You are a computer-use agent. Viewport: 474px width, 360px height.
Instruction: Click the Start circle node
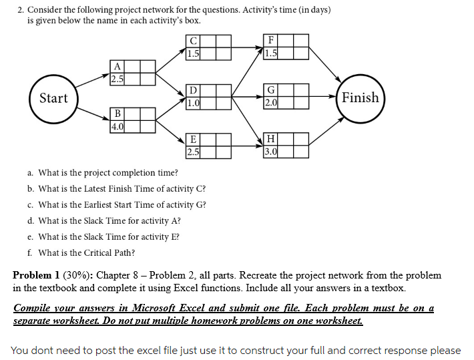pyautogui.click(x=53, y=98)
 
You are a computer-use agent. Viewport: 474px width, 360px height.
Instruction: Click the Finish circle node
pyautogui.click(x=361, y=98)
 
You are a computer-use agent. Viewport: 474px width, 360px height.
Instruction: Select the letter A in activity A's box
pyautogui.click(x=117, y=66)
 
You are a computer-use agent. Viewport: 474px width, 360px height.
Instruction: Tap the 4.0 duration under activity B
pyautogui.click(x=117, y=125)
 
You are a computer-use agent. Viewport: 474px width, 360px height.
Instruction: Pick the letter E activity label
pyautogui.click(x=193, y=140)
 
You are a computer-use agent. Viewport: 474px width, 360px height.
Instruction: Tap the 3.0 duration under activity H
pyautogui.click(x=270, y=152)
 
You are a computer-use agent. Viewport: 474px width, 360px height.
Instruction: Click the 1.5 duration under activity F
pyautogui.click(x=270, y=53)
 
